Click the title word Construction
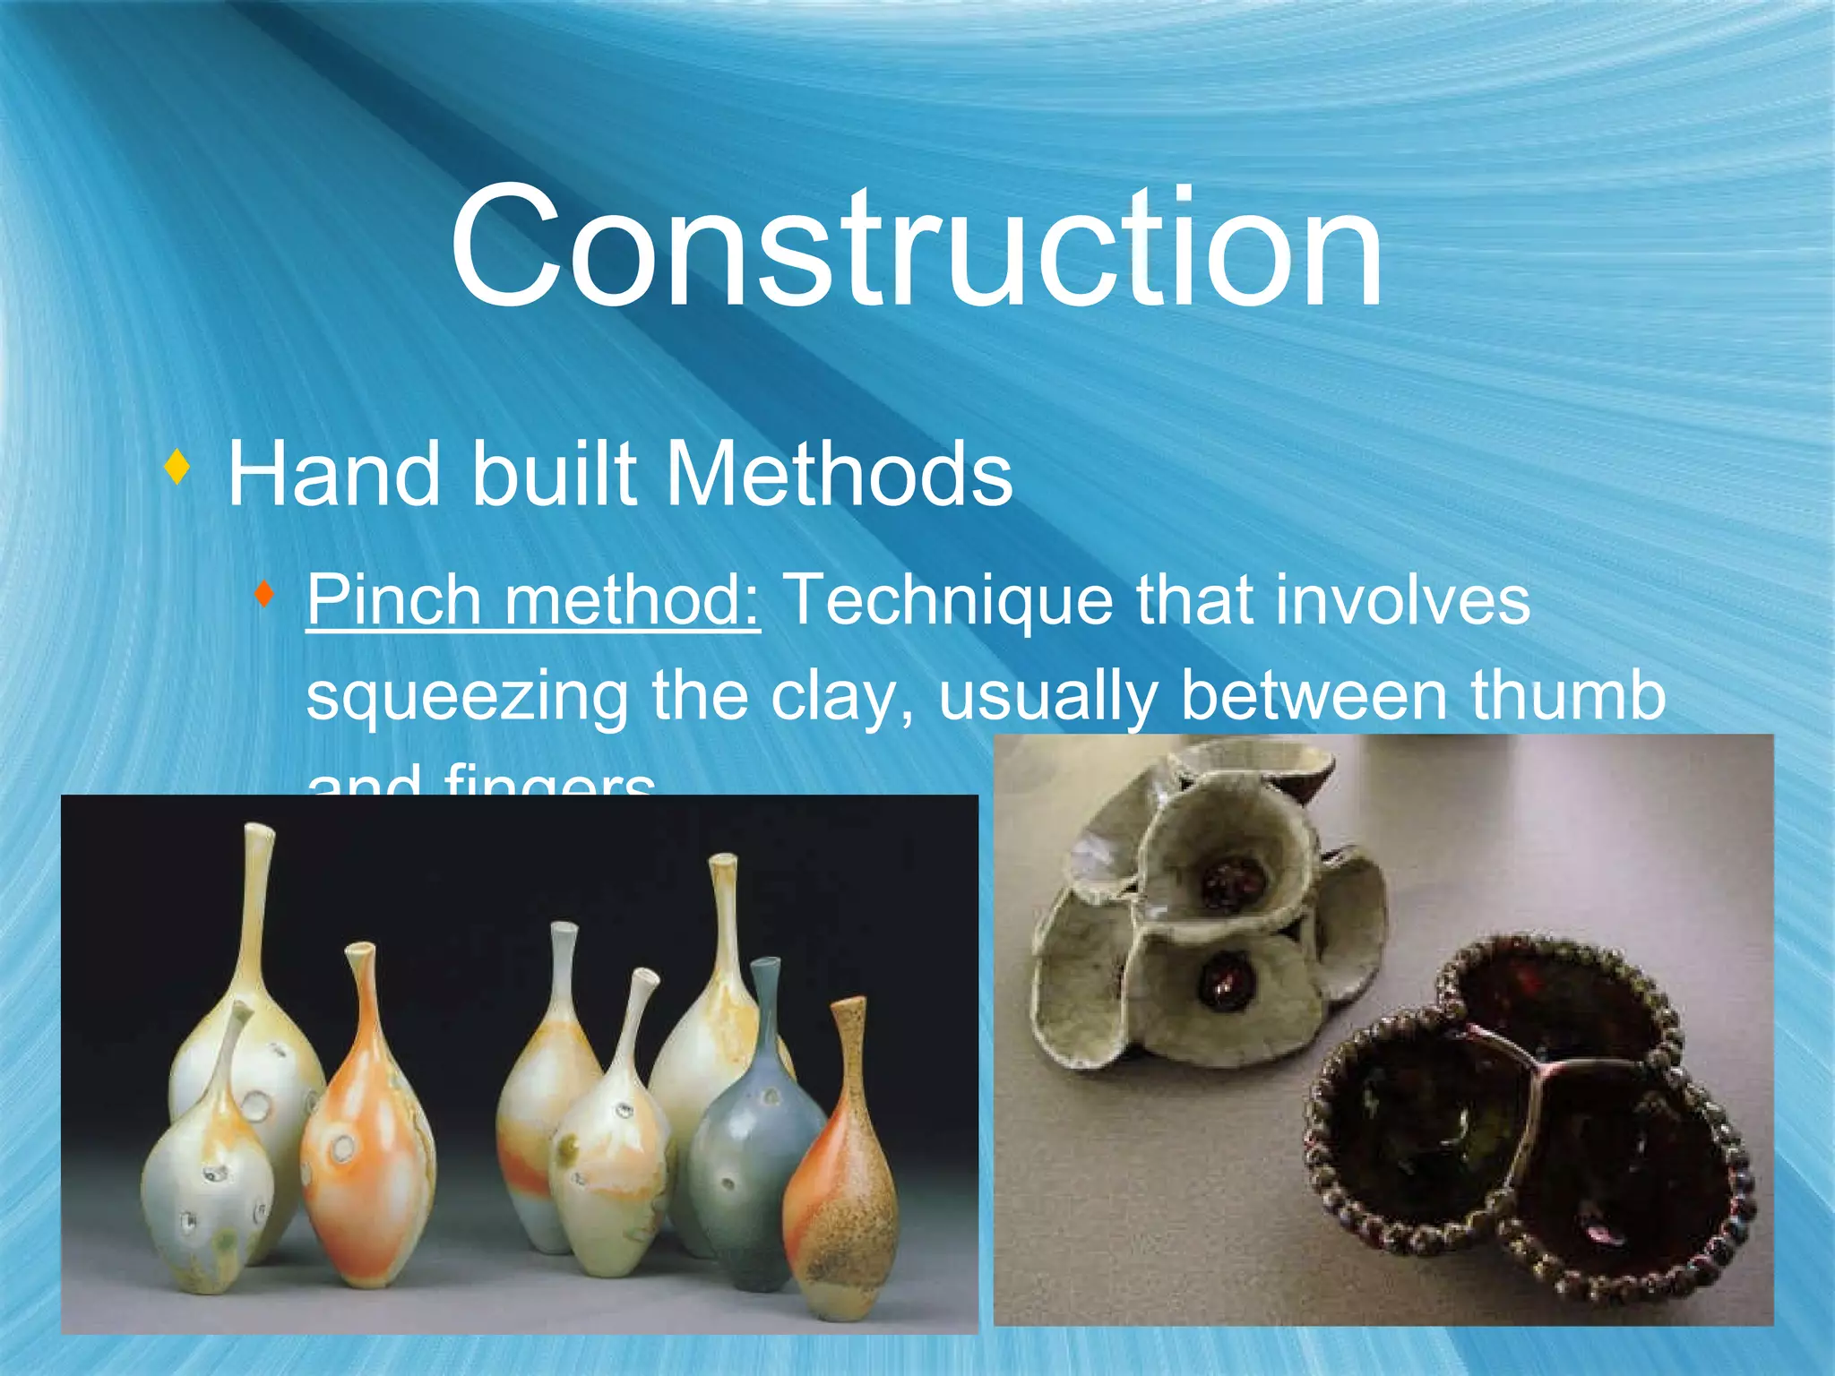[916, 246]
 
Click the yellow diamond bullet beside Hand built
[178, 467]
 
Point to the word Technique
[949, 599]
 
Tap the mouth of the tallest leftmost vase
[259, 829]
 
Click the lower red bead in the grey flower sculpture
[1224, 980]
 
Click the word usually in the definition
[1046, 696]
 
